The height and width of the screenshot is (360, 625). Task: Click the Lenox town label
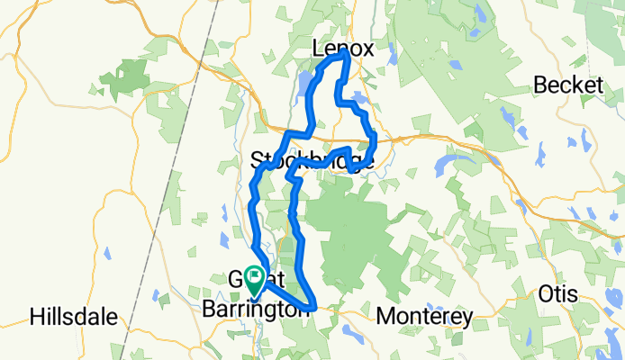[341, 50]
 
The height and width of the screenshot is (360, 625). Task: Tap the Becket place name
[567, 85]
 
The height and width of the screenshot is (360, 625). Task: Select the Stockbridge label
[312, 161]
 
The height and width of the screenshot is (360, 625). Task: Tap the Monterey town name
[424, 317]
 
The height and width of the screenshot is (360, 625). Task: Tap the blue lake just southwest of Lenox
[303, 88]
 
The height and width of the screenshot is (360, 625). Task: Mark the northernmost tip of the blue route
[345, 56]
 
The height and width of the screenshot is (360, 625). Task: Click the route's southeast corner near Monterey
[312, 307]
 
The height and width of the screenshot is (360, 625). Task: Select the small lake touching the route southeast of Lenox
[359, 98]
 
